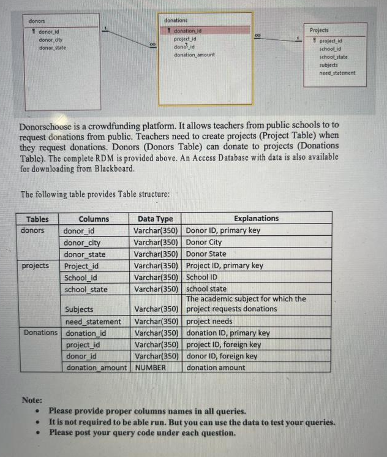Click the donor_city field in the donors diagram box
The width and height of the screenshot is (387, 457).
pyautogui.click(x=51, y=40)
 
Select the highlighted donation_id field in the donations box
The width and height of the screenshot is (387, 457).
pyautogui.click(x=189, y=30)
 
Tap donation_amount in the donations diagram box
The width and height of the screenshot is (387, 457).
pyautogui.click(x=194, y=55)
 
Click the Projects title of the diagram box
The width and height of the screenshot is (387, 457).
pyautogui.click(x=319, y=29)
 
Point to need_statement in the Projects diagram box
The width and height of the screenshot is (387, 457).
pyautogui.click(x=337, y=73)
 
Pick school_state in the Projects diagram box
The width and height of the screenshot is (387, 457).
pyautogui.click(x=333, y=57)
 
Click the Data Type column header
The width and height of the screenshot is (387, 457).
pyautogui.click(x=156, y=219)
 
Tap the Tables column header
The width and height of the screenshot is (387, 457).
pyautogui.click(x=37, y=219)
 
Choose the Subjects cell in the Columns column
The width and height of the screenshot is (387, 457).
pyautogui.click(x=79, y=309)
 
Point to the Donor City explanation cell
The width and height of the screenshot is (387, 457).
pyautogui.click(x=204, y=242)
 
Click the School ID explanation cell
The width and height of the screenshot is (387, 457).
pyautogui.click(x=203, y=277)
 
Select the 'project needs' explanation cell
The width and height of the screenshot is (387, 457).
pyautogui.click(x=209, y=321)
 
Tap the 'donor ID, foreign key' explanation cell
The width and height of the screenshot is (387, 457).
pyautogui.click(x=222, y=356)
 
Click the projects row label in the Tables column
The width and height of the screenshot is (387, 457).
pyautogui.click(x=36, y=266)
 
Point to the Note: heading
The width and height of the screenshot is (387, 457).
pyautogui.click(x=32, y=400)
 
